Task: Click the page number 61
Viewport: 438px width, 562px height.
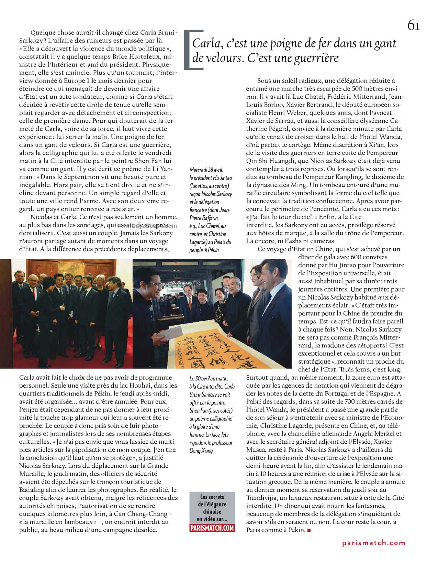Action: pos(413,25)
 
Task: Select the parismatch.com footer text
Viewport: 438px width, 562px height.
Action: pos(374,543)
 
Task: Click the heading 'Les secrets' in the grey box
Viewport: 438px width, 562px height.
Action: pos(212,497)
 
